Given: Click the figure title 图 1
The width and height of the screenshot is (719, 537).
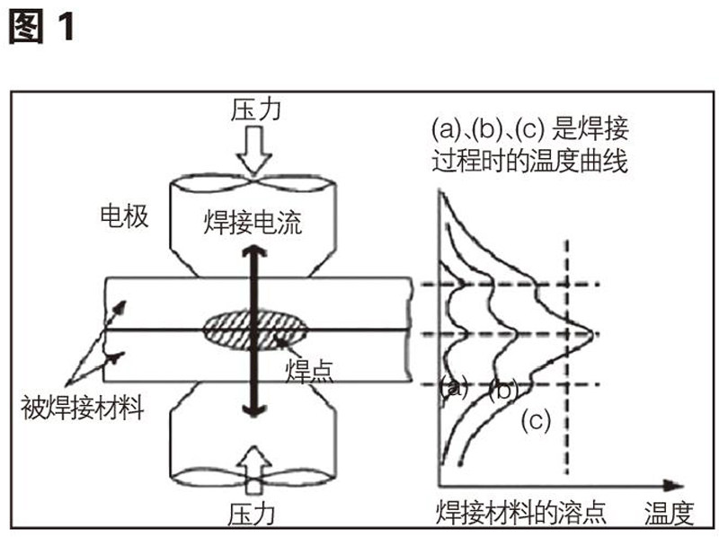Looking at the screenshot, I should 41,26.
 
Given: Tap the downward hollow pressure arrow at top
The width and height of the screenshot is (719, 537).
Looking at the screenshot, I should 256,153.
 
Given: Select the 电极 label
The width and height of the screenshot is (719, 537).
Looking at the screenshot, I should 123,216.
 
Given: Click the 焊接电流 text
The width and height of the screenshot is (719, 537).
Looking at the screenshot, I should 255,221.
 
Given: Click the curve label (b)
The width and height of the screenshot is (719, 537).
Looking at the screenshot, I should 503,391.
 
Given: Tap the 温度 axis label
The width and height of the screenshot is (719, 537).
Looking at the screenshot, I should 670,514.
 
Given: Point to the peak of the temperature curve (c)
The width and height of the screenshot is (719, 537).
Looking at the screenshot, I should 593,335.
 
